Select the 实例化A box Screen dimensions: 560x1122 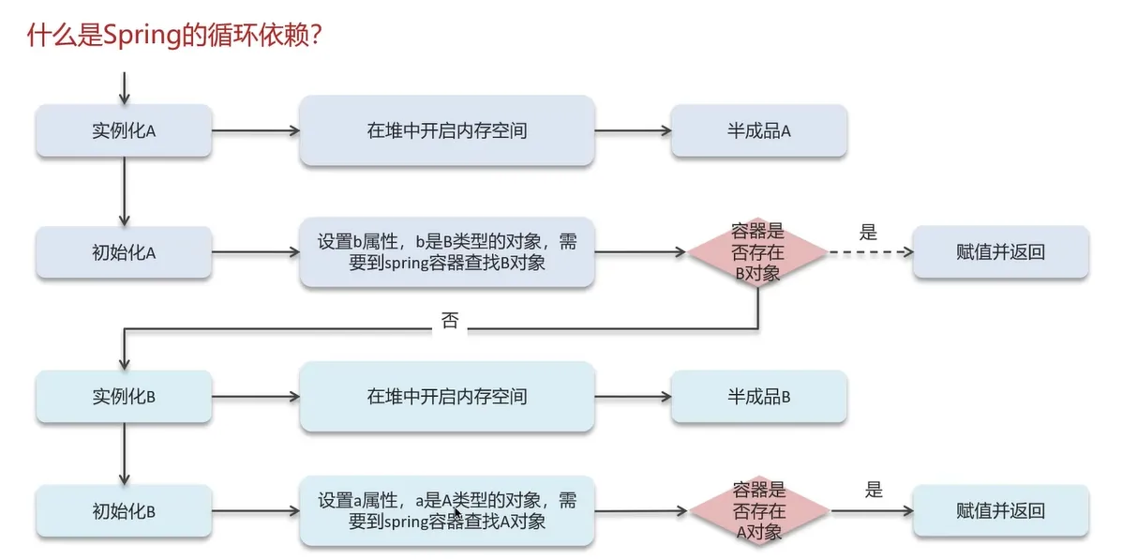point(124,130)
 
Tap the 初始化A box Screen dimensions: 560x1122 point(124,251)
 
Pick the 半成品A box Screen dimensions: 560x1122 point(759,130)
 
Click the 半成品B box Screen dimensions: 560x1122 point(759,396)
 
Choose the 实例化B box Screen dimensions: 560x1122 point(124,396)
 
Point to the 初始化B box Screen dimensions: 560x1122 point(124,511)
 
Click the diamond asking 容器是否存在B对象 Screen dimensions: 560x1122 point(757,251)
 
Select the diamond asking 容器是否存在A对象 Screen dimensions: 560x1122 point(759,511)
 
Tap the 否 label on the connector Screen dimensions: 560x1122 point(450,321)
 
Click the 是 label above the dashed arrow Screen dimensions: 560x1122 point(868,232)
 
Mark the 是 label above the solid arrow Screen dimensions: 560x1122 point(874,489)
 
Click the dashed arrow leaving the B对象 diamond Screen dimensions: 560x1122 point(870,252)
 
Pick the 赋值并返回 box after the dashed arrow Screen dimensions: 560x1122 point(1000,251)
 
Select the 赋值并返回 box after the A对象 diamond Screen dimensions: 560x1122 point(1000,511)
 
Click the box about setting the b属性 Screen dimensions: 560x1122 point(447,251)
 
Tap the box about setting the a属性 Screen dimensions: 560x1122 point(447,511)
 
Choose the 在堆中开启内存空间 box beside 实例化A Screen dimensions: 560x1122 point(447,130)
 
